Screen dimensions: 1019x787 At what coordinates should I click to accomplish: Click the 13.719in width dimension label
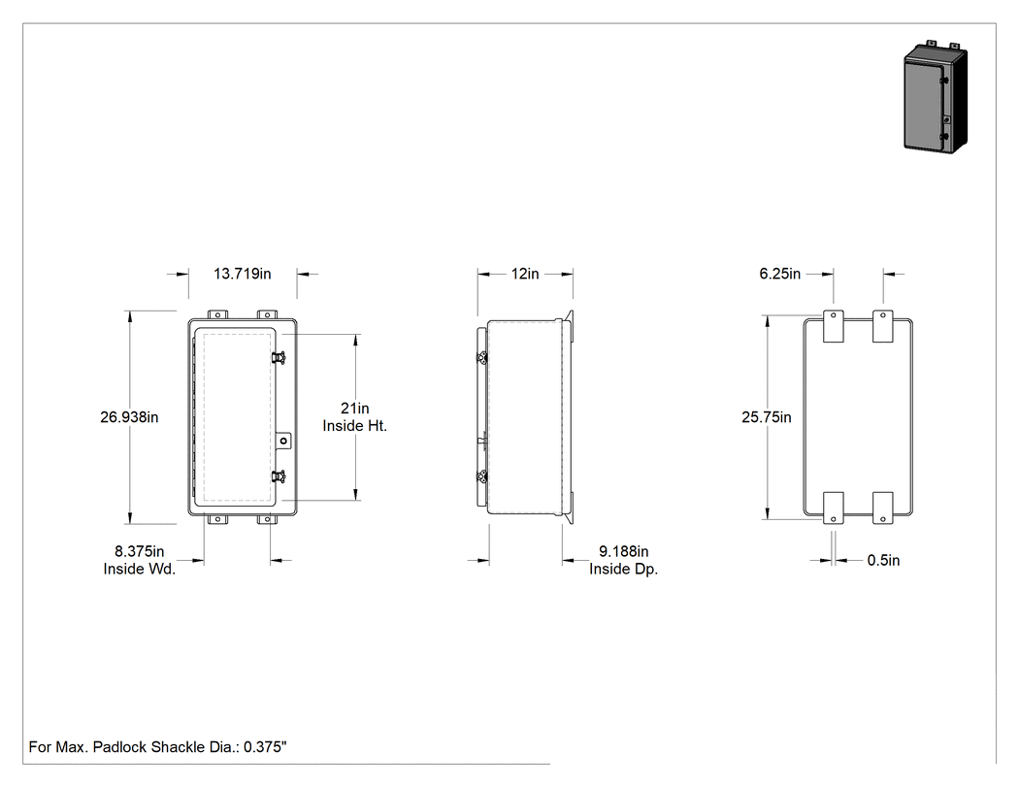(x=243, y=274)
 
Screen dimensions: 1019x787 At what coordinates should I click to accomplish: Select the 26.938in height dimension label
(x=129, y=417)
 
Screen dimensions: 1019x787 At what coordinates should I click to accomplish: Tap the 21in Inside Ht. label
(x=355, y=417)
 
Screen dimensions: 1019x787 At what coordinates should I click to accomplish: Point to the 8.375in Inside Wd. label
(x=140, y=560)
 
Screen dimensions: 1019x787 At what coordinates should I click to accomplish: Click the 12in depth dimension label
(x=525, y=274)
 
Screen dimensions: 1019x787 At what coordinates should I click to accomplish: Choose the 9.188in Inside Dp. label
(x=624, y=560)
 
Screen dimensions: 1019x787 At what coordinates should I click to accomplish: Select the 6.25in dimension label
(x=780, y=274)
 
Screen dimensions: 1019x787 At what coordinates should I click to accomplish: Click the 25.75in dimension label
(x=767, y=417)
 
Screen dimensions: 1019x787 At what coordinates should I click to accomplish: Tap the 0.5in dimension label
(x=884, y=560)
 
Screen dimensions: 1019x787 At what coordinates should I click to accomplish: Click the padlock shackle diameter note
(x=158, y=747)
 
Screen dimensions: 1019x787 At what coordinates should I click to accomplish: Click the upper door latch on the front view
(x=279, y=357)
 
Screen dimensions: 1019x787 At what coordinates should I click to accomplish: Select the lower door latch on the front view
(x=279, y=477)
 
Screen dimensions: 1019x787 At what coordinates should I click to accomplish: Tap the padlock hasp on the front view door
(x=283, y=442)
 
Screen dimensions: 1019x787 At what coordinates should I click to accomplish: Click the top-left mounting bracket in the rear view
(x=834, y=326)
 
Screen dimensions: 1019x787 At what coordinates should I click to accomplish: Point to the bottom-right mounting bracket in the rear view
(x=882, y=508)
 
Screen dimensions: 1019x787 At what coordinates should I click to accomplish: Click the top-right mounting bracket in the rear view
(x=882, y=326)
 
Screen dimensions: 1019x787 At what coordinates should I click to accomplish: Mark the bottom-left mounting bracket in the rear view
(x=834, y=508)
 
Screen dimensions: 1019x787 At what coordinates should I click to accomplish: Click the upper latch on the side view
(x=482, y=358)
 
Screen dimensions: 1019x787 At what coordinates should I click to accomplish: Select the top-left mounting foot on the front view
(x=217, y=314)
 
